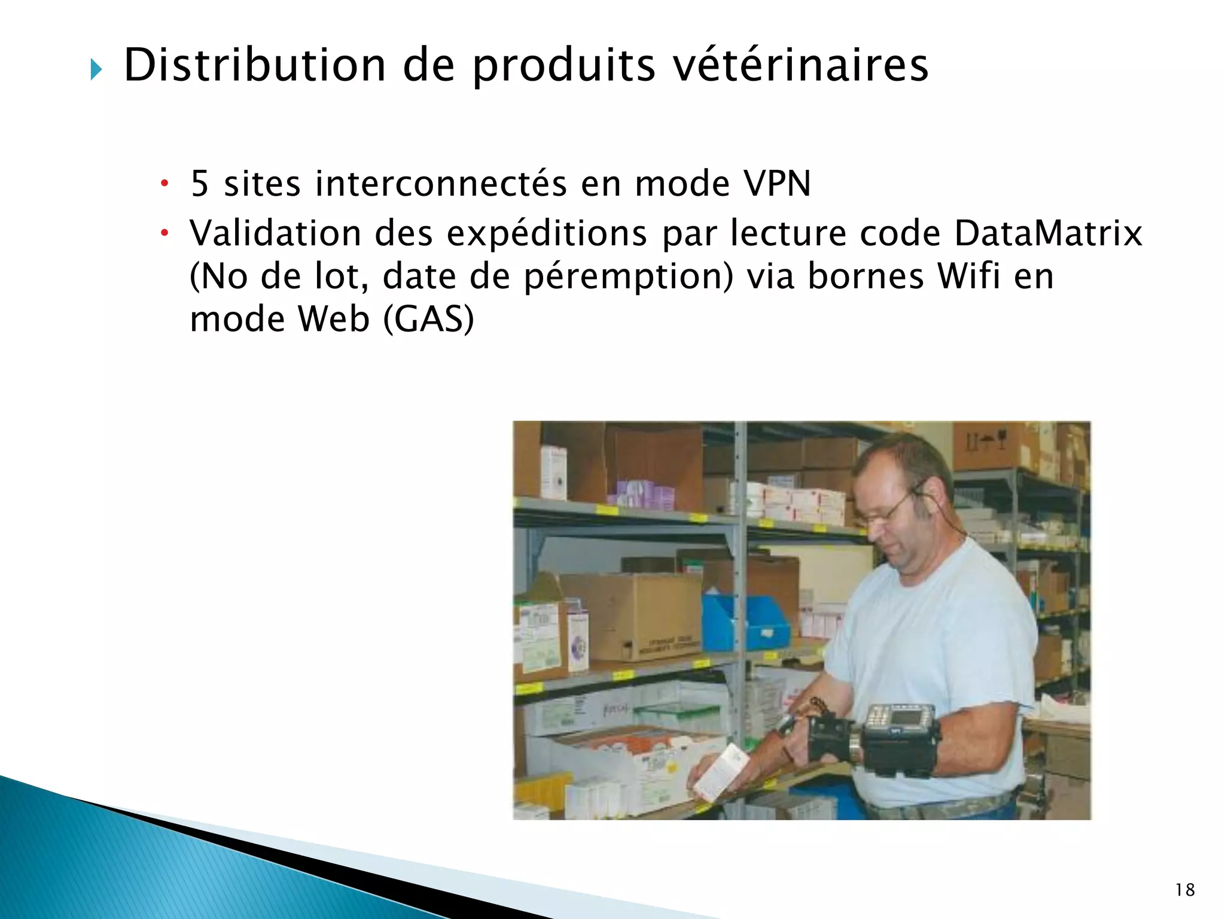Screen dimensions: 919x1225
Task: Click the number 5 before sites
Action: click(200, 184)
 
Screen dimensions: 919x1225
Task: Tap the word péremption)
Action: click(628, 277)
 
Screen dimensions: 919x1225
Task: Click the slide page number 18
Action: click(1184, 890)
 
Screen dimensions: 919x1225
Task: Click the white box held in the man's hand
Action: click(721, 772)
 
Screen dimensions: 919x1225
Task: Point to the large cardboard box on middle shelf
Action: click(631, 616)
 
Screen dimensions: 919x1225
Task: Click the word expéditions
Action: click(547, 234)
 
